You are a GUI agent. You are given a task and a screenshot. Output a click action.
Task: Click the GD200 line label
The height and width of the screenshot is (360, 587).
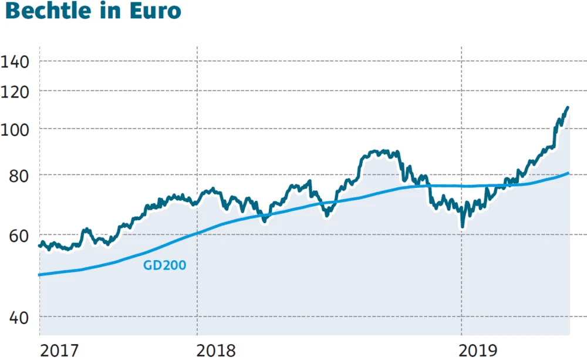point(165,265)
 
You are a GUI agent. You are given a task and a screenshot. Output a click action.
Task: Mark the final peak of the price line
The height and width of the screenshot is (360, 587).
point(568,107)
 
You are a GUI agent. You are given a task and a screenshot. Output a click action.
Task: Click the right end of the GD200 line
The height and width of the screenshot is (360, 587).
point(569,173)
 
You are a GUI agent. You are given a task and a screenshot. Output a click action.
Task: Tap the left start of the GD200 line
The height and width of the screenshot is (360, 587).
point(39,274)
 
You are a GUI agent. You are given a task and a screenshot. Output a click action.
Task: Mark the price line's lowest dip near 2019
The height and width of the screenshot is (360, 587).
point(463,226)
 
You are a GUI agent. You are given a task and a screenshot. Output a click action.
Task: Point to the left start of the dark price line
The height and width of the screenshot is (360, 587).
point(39,245)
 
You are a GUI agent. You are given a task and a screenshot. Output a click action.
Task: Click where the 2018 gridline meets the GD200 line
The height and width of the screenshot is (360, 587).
point(197,233)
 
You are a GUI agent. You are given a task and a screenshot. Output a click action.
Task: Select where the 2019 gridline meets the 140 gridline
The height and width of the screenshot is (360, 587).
point(461,61)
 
